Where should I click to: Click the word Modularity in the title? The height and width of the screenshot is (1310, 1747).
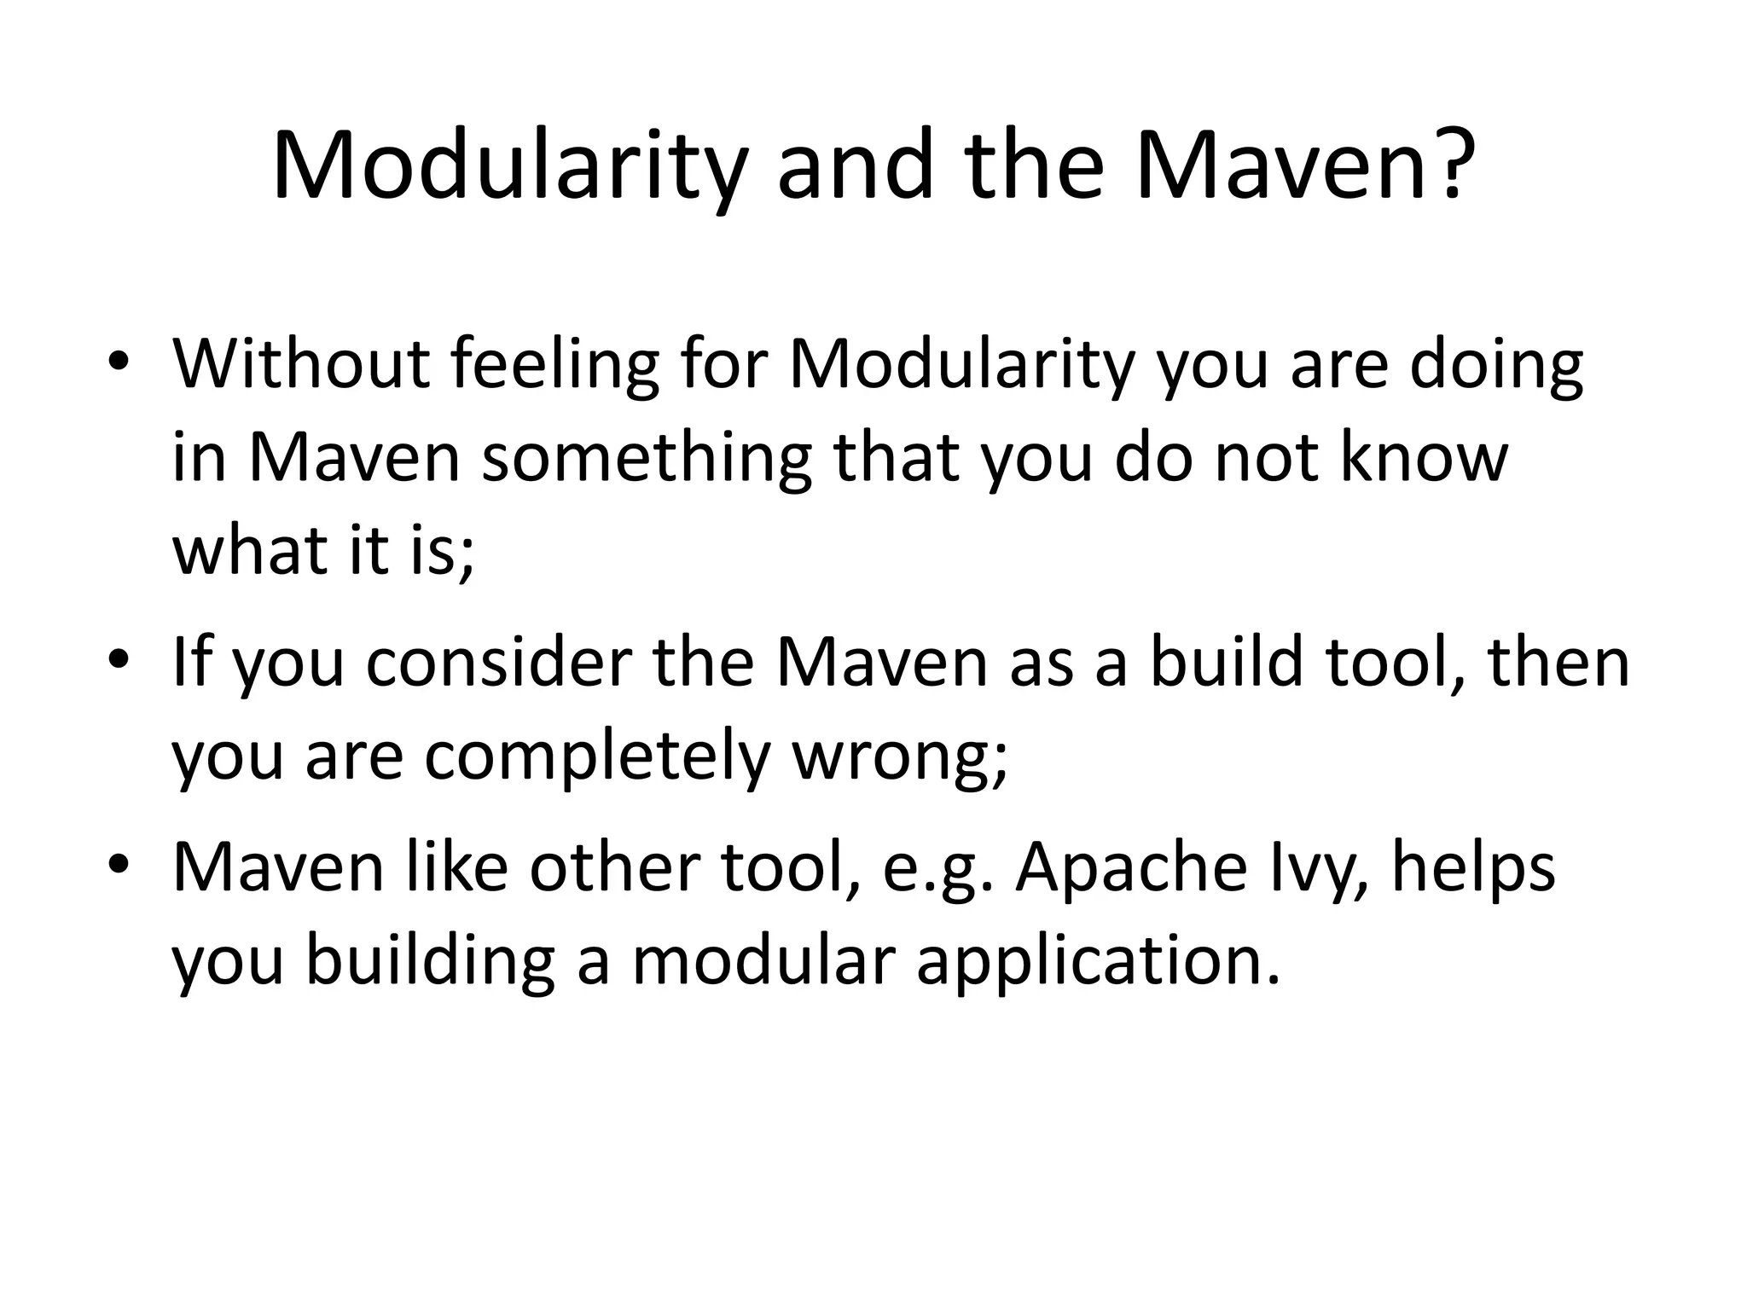tap(509, 165)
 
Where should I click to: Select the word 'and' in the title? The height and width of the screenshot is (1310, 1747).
tap(856, 165)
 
